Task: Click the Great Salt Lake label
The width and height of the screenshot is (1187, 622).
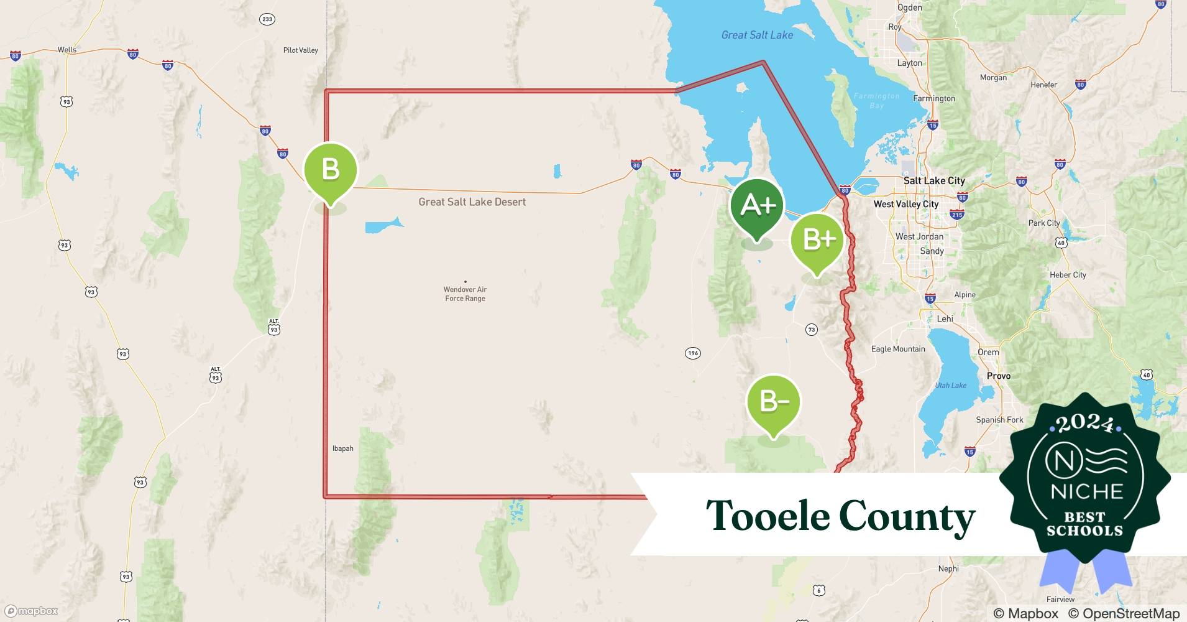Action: tap(757, 35)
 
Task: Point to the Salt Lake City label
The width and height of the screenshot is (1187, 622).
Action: tap(934, 181)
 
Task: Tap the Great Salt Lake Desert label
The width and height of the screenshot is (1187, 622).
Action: tap(472, 202)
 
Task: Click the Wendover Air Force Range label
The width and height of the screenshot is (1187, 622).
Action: tap(465, 294)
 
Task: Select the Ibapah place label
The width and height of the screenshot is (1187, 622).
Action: tap(342, 448)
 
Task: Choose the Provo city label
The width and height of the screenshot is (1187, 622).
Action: tap(999, 376)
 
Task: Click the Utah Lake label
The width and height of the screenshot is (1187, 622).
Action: tap(951, 386)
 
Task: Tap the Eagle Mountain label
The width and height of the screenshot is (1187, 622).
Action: tap(898, 349)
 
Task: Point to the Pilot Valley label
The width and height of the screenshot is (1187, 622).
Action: tap(300, 50)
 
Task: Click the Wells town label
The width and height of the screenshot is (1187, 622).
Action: tap(67, 50)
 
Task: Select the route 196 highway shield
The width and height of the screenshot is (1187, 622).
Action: tap(693, 353)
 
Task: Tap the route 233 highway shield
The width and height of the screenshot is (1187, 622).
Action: tap(267, 19)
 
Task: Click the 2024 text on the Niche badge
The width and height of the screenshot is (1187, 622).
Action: tap(1084, 424)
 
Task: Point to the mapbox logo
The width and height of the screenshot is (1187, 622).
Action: tap(32, 611)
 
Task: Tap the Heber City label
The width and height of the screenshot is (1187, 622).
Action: tap(1068, 275)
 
